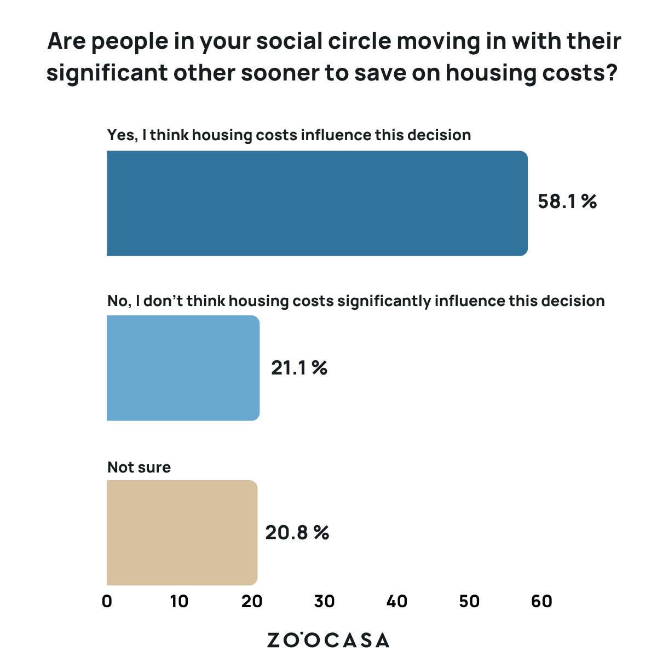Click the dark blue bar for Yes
317,203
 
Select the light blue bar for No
183,368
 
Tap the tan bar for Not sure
182,533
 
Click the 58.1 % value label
567,202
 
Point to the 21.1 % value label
299,368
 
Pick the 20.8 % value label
297,533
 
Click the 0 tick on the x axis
107,601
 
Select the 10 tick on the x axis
179,601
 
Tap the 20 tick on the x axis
252,601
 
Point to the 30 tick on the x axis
324,601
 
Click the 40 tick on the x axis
397,601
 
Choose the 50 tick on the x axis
469,601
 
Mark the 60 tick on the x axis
541,601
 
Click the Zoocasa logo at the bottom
328,640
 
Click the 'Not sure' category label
139,467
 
